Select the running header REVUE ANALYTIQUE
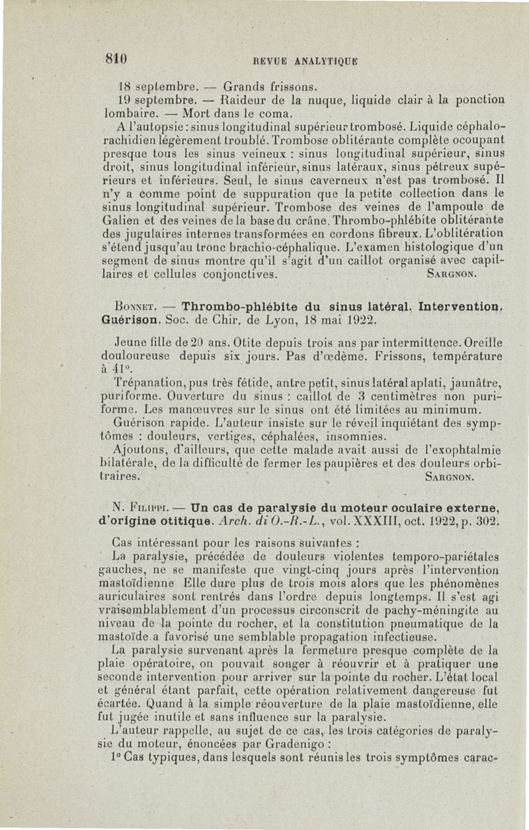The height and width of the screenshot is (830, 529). click(x=288, y=60)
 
